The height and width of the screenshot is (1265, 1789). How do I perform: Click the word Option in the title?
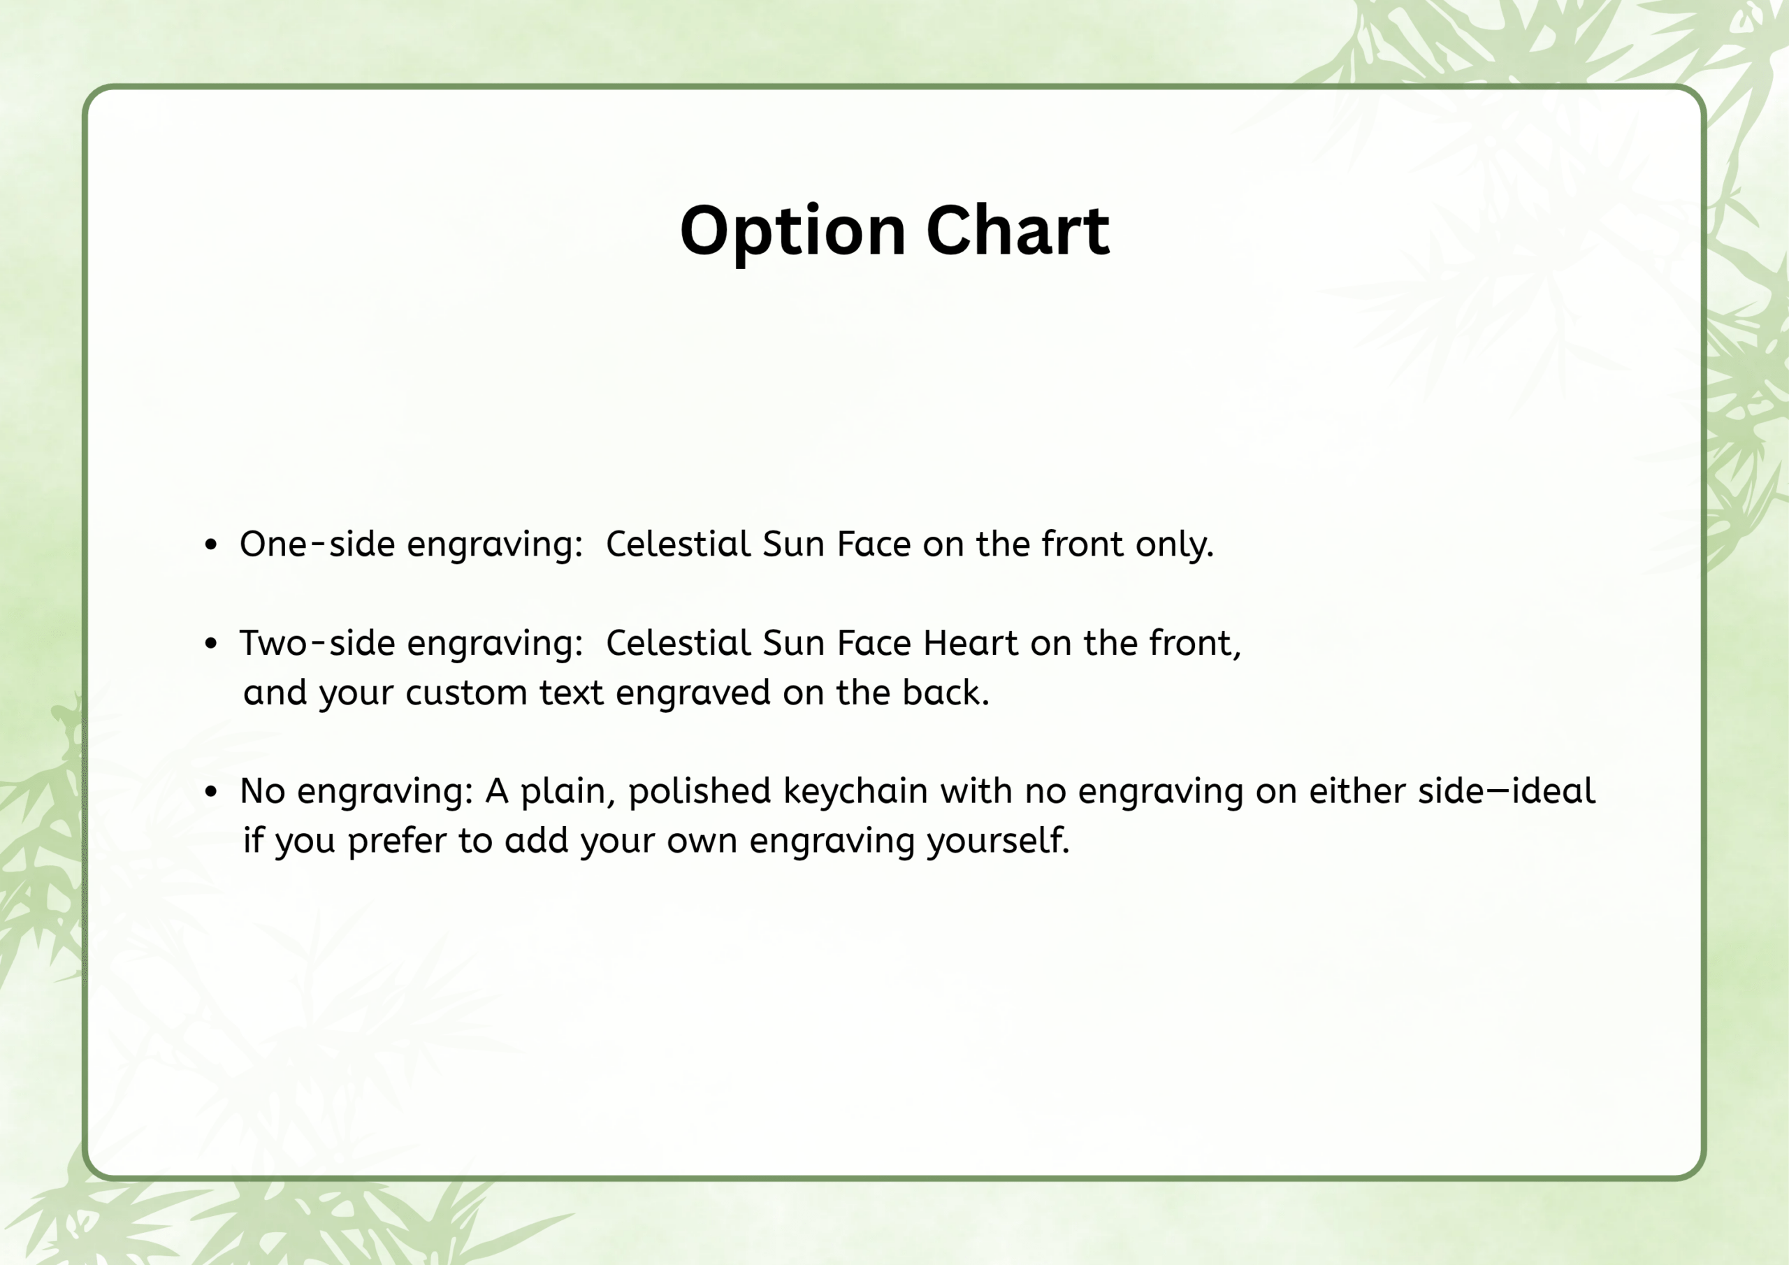(792, 231)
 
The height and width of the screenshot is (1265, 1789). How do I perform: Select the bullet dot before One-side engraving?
(210, 545)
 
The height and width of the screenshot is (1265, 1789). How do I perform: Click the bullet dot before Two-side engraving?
(210, 644)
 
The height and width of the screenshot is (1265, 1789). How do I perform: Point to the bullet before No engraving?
(210, 792)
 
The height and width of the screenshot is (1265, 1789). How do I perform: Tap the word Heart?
(971, 643)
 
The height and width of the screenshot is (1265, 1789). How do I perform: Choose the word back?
(946, 692)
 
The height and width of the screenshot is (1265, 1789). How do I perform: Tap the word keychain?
(855, 792)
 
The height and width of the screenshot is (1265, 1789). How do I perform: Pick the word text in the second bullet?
(571, 693)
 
